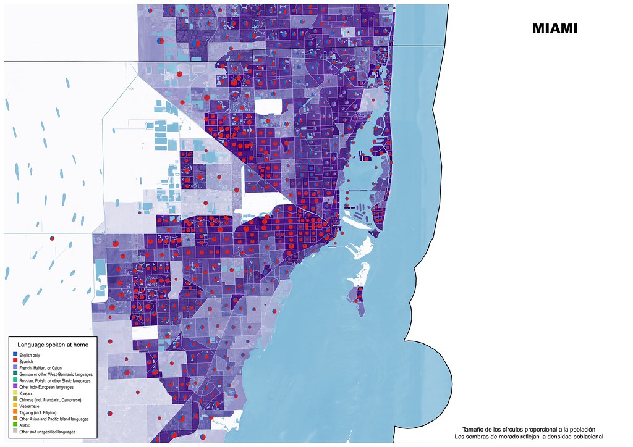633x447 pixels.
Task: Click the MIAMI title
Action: point(554,28)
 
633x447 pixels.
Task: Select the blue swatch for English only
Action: point(14,355)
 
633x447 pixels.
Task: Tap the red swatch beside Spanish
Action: point(14,361)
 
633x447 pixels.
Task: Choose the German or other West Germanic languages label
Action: point(56,374)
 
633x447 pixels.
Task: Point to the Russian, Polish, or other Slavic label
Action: point(55,381)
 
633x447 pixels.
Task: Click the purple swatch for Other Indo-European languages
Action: point(14,387)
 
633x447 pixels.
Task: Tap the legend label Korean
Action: point(25,393)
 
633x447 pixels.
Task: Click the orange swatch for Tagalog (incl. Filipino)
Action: point(14,412)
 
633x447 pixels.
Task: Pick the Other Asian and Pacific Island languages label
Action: point(54,419)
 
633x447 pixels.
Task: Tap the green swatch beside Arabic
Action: point(14,425)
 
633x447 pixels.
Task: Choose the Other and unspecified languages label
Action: point(47,432)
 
